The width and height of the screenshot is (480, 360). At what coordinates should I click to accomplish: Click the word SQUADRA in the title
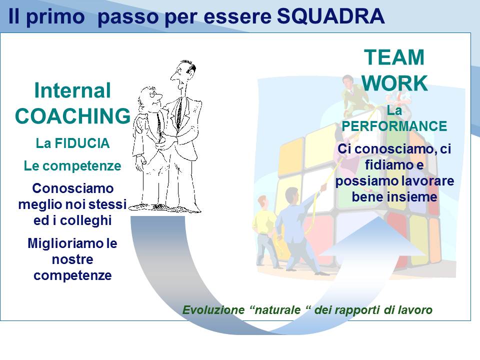[x=330, y=16]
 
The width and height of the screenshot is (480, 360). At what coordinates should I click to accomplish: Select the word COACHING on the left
[x=73, y=116]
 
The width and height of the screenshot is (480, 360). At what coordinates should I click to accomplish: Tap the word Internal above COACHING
[x=72, y=90]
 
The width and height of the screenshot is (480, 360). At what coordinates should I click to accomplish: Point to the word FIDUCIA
[x=81, y=143]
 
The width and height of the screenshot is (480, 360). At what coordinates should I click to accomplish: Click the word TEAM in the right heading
[x=394, y=57]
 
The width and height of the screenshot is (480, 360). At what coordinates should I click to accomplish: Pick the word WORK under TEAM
[x=394, y=83]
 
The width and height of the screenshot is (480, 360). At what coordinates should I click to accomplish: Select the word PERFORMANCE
[x=394, y=126]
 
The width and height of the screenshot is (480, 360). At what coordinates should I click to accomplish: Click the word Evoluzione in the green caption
[x=213, y=310]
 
